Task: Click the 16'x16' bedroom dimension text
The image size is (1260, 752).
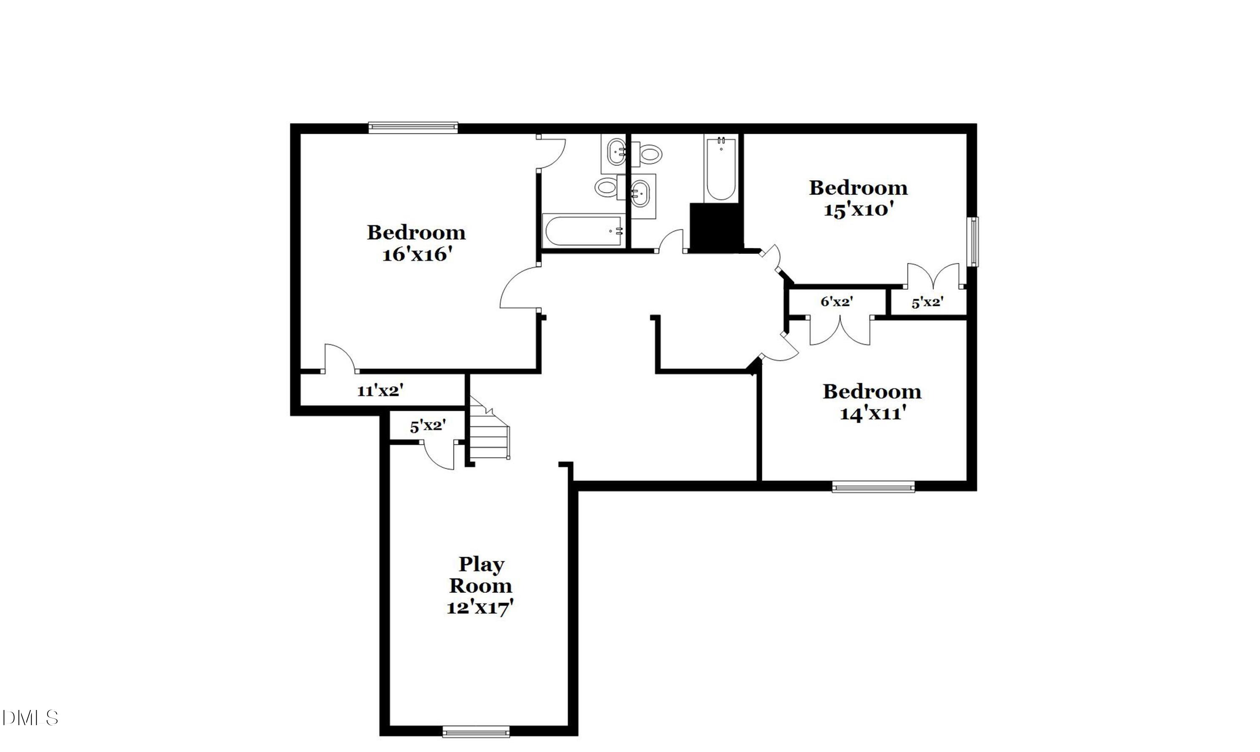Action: pyautogui.click(x=416, y=255)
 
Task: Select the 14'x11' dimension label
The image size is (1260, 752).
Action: pyautogui.click(x=872, y=414)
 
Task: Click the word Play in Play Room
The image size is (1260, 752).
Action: pyautogui.click(x=481, y=564)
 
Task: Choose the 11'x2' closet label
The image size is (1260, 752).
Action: pyautogui.click(x=380, y=391)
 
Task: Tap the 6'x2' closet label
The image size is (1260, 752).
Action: pyautogui.click(x=837, y=302)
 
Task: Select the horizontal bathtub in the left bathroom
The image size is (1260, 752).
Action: pyautogui.click(x=583, y=231)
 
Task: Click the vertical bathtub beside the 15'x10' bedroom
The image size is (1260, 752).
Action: pyautogui.click(x=721, y=170)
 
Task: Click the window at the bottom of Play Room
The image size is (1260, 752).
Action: pyautogui.click(x=476, y=731)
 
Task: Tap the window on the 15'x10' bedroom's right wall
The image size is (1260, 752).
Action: pyautogui.click(x=973, y=241)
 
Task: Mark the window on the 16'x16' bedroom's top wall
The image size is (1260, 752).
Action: pyautogui.click(x=413, y=127)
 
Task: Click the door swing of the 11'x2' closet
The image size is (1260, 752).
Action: pyautogui.click(x=338, y=358)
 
